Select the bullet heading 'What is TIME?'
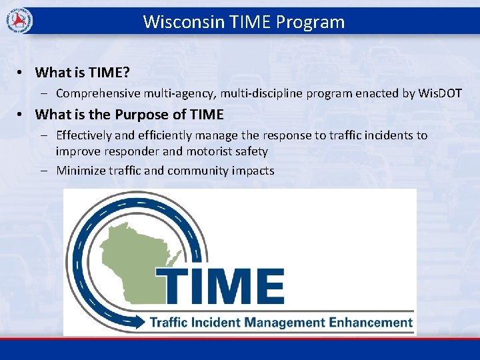tap(82, 72)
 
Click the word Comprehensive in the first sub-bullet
tap(97, 93)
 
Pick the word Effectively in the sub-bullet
tap(85, 135)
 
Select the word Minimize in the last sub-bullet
tap(80, 171)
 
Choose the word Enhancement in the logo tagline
tap(370, 323)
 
